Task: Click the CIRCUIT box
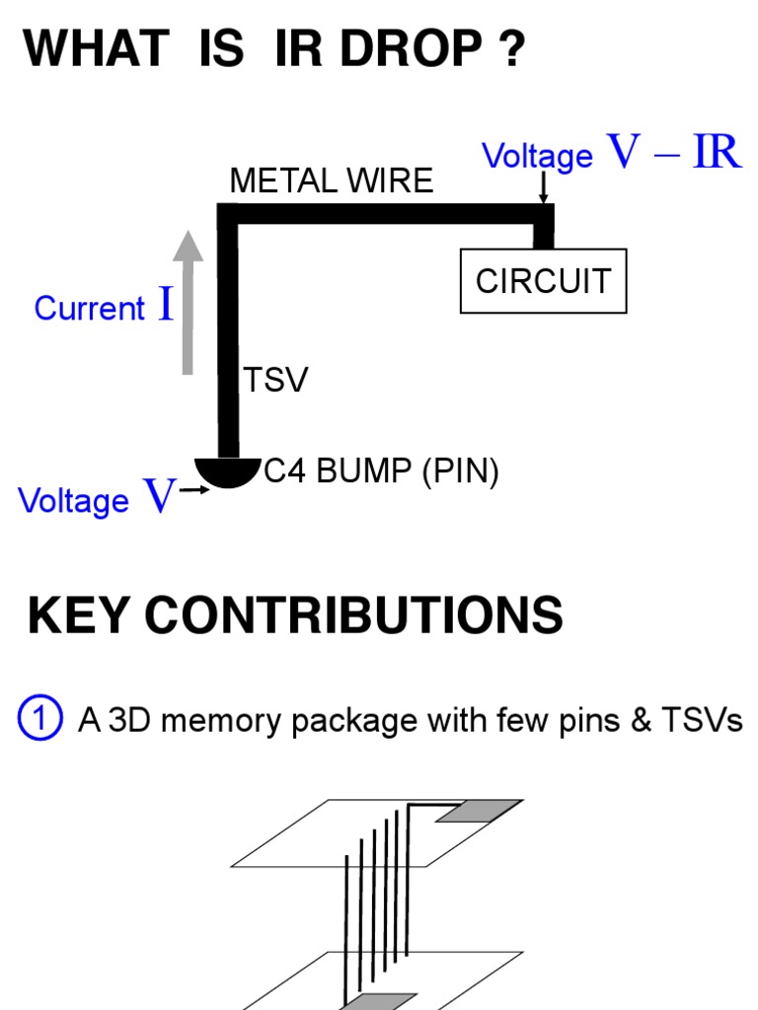[x=544, y=281]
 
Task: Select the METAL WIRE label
[x=331, y=180]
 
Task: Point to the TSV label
[x=275, y=380]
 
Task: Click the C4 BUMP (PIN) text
[x=381, y=472]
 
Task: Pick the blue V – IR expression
[x=674, y=153]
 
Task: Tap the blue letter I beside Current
[x=166, y=306]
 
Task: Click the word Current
[x=89, y=309]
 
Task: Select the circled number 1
[x=40, y=719]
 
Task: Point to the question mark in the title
[x=510, y=49]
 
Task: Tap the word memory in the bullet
[x=216, y=721]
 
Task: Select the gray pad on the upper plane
[x=479, y=811]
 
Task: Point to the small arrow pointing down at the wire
[x=543, y=188]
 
